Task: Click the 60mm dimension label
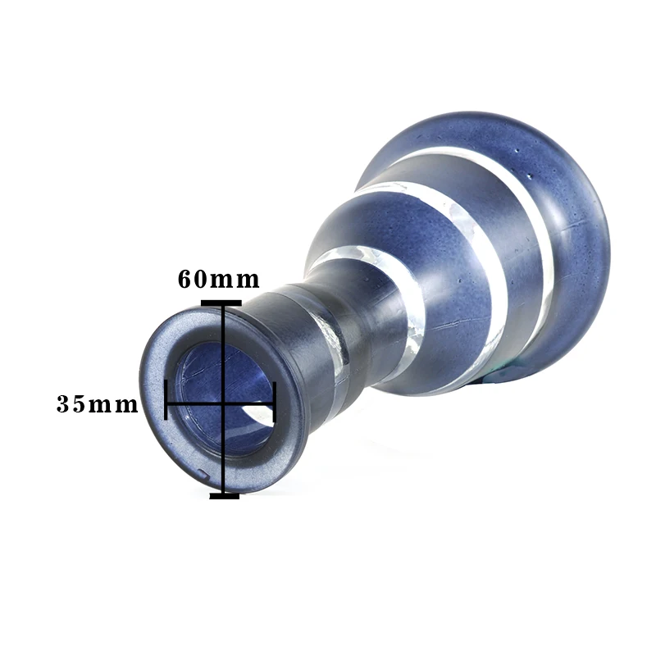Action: pos(218,280)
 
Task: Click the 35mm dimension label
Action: pos(97,404)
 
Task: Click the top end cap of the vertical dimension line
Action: pos(221,303)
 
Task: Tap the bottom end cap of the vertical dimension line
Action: pos(224,496)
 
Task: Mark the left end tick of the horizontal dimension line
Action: pos(166,399)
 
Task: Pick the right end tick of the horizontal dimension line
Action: pos(274,402)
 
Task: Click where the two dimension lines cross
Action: pos(224,404)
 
